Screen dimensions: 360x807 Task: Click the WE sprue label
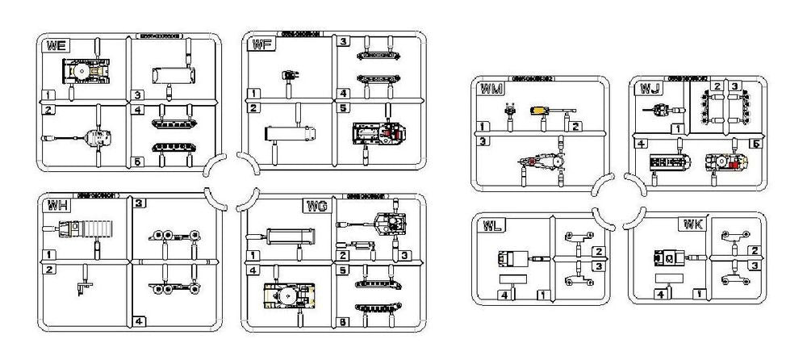tap(56, 46)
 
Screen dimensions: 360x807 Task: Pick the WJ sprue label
tap(650, 87)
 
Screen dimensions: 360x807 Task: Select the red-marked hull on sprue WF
tap(377, 133)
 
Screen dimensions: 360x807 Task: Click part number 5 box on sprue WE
tap(138, 162)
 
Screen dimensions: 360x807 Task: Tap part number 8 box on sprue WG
tap(343, 322)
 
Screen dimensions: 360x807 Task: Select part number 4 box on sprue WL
tap(504, 295)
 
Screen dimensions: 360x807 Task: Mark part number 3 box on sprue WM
tap(482, 141)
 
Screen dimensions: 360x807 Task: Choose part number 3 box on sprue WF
tap(343, 40)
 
